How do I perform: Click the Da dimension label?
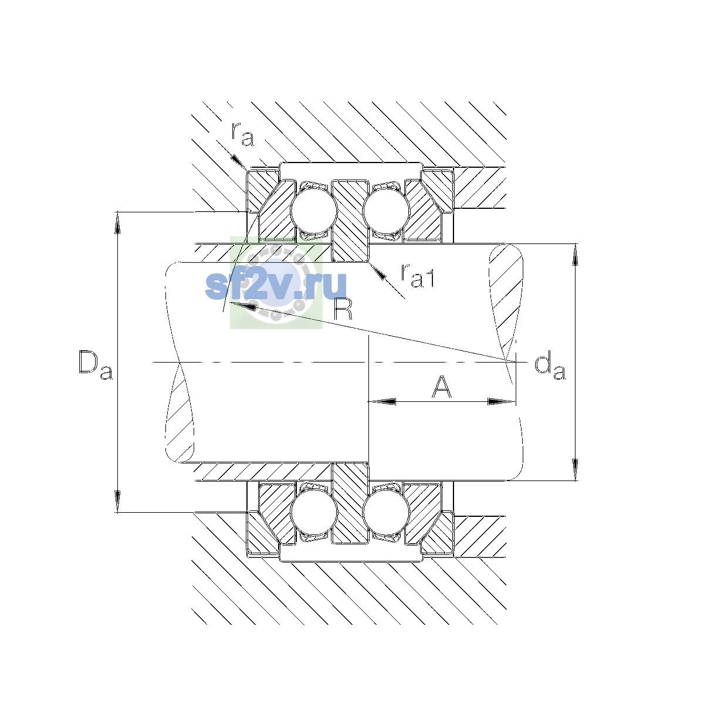click(x=96, y=365)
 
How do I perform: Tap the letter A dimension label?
click(x=441, y=386)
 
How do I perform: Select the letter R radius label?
click(x=343, y=309)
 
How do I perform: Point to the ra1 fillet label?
click(x=418, y=276)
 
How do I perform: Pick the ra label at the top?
click(x=242, y=135)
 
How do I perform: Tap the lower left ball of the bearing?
click(x=314, y=512)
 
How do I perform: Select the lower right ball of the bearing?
click(x=386, y=512)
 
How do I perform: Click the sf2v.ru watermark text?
click(x=276, y=286)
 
